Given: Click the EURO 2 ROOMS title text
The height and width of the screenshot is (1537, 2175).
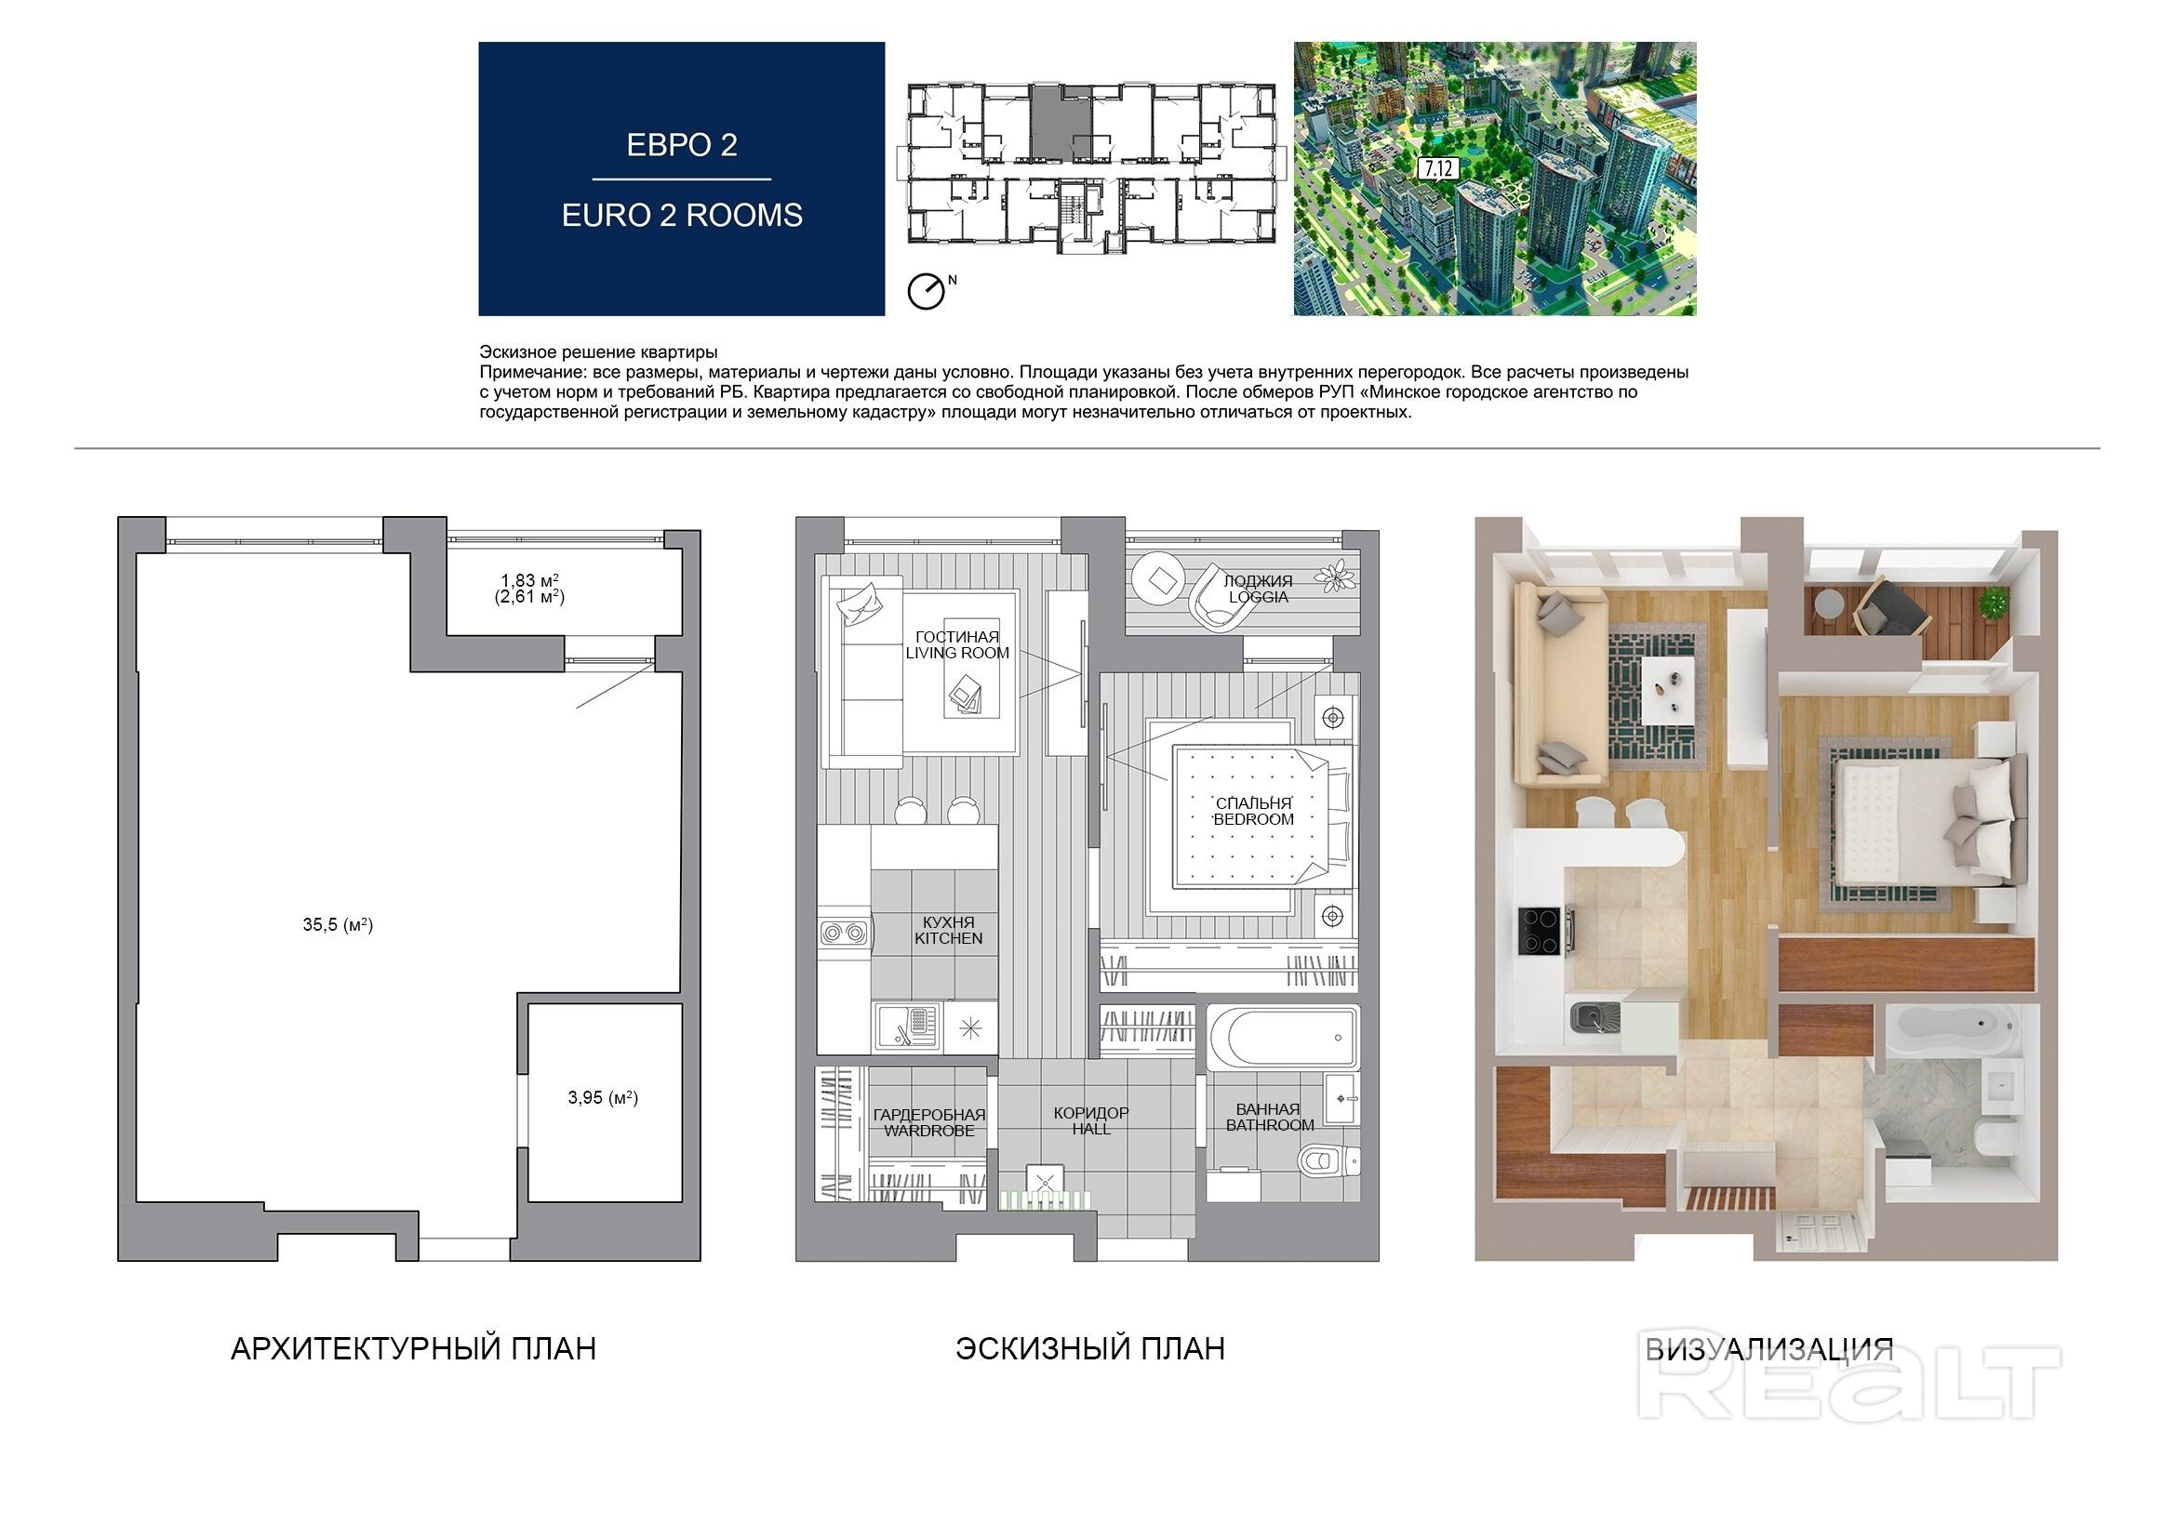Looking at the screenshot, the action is click(x=682, y=216).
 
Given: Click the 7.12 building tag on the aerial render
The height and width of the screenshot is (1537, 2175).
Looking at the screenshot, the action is click(x=1436, y=169).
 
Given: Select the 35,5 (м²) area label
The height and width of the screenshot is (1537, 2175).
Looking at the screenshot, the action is click(x=339, y=925).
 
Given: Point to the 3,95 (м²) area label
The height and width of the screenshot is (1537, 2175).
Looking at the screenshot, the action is click(x=604, y=1098).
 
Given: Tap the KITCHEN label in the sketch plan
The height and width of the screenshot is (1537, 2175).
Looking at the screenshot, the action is click(x=948, y=938).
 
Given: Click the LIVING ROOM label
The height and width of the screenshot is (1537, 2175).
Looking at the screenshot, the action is click(x=957, y=653).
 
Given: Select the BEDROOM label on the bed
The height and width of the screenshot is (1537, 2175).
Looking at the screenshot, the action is click(x=1253, y=819).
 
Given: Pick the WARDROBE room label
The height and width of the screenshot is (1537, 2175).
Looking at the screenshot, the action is click(x=929, y=1131).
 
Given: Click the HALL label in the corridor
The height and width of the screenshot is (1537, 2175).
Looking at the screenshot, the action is click(x=1091, y=1129).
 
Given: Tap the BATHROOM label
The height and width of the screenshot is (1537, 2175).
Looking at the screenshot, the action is click(x=1271, y=1125).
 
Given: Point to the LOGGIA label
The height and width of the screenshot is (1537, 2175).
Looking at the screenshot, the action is click(x=1258, y=598).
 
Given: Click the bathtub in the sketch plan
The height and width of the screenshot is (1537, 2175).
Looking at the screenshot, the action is click(x=1283, y=1037).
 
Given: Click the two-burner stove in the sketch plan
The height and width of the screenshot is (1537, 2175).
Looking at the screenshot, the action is click(x=844, y=933).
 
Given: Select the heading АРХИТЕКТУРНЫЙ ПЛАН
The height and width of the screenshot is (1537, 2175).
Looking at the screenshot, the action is click(x=414, y=1348).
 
